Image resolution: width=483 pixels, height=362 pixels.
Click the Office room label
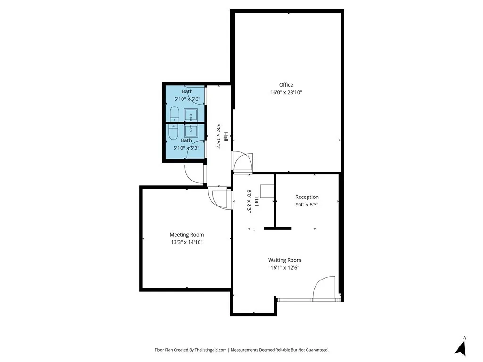click(x=286, y=85)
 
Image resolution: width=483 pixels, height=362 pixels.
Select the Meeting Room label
click(x=187, y=235)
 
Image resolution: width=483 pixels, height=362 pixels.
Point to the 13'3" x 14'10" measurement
click(x=187, y=242)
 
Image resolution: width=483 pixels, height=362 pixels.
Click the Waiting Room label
click(x=284, y=260)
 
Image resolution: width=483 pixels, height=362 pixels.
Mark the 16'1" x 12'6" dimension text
click(x=284, y=267)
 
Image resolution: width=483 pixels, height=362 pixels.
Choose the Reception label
click(x=307, y=197)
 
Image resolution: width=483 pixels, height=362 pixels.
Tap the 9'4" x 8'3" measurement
click(x=307, y=205)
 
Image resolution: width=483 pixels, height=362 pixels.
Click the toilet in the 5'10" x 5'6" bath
click(x=174, y=114)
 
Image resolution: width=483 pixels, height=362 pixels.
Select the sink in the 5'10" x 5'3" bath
click(x=192, y=130)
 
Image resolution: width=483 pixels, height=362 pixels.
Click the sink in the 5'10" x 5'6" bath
click(x=192, y=115)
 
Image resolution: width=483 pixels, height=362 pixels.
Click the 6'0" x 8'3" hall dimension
click(x=250, y=202)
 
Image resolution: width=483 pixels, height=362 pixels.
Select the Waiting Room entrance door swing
click(x=324, y=288)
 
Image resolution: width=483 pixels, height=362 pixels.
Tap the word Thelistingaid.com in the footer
click(x=208, y=350)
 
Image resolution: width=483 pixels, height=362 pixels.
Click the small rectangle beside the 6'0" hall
click(x=267, y=191)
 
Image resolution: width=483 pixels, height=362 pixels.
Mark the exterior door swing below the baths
click(x=195, y=173)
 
